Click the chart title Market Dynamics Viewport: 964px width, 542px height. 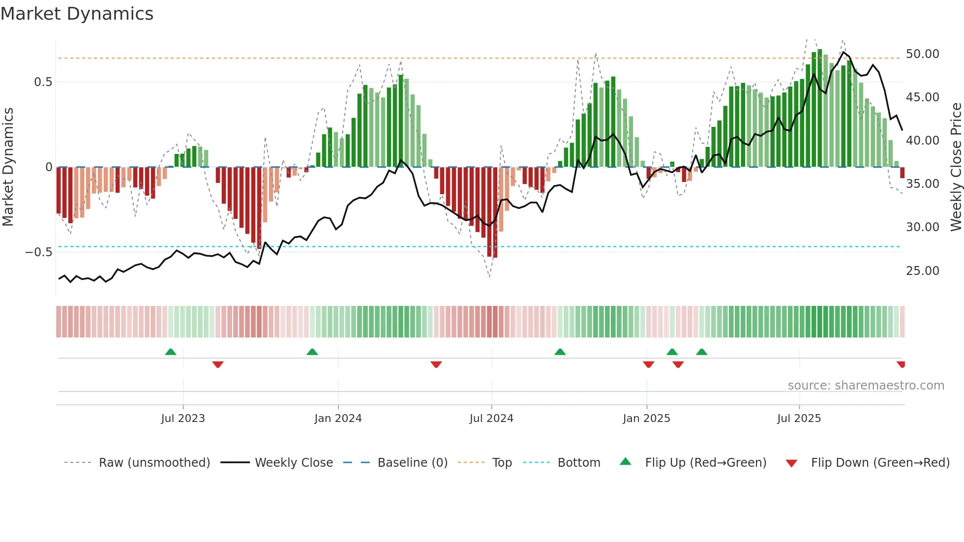tap(77, 14)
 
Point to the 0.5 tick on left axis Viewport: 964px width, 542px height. tap(43, 82)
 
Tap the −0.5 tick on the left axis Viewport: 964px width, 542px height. tap(38, 252)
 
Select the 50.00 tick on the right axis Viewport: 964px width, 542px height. tap(922, 54)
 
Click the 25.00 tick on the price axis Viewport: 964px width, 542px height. tap(922, 271)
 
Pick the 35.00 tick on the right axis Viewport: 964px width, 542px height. tap(922, 184)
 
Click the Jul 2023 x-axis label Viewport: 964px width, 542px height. tap(183, 419)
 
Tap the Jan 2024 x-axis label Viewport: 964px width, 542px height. tap(338, 419)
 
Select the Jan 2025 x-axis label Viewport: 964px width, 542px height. tap(646, 419)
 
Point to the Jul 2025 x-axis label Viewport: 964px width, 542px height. tap(799, 419)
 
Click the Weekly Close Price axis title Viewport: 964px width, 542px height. tap(956, 167)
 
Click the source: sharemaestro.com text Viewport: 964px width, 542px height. tap(866, 386)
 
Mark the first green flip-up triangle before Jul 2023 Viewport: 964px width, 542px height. tap(171, 352)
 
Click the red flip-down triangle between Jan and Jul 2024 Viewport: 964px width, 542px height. tap(436, 364)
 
